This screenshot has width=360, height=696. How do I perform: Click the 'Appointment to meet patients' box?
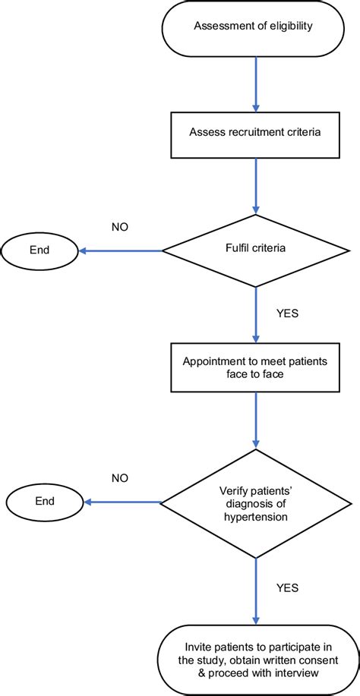click(255, 368)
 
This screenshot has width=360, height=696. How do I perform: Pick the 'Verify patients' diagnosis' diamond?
click(255, 502)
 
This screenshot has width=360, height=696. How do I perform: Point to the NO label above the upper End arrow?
click(119, 225)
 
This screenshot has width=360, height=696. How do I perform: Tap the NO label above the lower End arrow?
click(119, 478)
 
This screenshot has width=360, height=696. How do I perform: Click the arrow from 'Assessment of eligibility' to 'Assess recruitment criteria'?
click(255, 84)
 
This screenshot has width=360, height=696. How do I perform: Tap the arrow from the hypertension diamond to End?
click(122, 502)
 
